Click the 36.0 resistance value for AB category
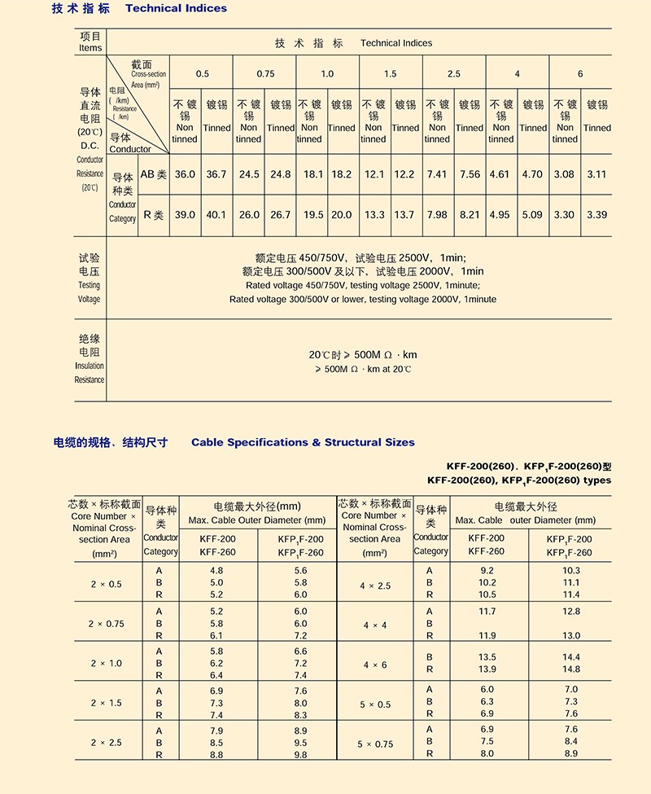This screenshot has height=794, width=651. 186,175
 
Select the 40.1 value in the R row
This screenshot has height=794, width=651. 216,215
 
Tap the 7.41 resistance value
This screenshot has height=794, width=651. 437,175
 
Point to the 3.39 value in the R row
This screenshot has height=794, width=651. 596,215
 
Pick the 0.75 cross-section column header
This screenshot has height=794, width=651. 265,74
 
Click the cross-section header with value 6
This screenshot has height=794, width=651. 580,74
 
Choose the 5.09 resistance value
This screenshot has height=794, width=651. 533,215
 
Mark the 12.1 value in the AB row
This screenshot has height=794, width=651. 374,175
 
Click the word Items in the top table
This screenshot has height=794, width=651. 90,48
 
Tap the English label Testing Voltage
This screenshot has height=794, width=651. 90,292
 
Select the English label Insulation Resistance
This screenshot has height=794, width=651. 90,373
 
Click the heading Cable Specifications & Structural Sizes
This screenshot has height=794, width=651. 303,442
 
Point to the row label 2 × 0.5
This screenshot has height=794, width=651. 106,584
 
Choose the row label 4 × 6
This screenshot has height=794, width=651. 375,665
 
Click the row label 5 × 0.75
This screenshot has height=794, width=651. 375,744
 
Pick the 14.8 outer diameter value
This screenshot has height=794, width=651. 571,669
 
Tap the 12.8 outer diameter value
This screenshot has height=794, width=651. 571,611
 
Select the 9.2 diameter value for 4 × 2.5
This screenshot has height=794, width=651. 487,571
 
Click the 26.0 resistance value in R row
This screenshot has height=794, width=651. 249,215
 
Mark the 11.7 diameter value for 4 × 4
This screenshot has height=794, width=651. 487,611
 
